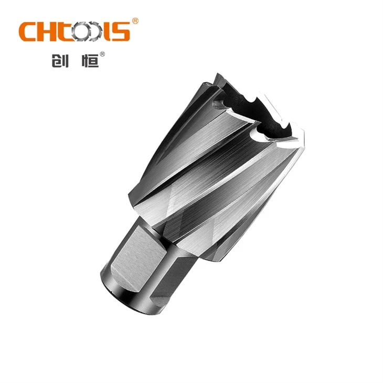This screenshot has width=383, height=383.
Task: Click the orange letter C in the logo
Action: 28,31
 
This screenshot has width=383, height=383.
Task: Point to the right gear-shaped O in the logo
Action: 94,32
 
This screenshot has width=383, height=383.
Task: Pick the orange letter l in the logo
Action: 107,31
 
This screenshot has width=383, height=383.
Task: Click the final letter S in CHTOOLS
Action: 121,31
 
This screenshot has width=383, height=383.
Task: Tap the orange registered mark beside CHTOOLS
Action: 135,21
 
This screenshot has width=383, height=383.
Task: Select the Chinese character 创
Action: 60,60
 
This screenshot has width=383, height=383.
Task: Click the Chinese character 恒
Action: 90,60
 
